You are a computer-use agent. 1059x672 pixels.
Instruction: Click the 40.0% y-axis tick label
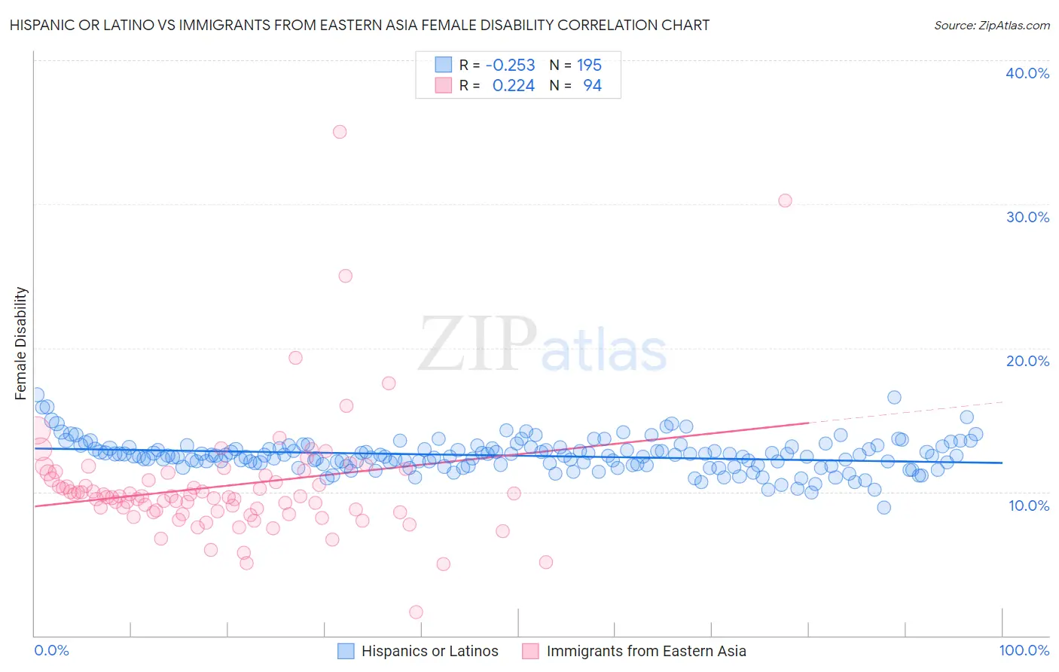click(x=1027, y=73)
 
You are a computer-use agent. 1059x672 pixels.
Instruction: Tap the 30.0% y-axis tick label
click(x=1027, y=217)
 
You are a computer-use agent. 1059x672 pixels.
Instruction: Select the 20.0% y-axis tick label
click(x=1027, y=361)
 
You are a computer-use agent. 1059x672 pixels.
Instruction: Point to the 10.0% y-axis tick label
click(x=1029, y=506)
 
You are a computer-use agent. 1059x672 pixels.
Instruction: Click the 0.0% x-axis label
click(x=51, y=651)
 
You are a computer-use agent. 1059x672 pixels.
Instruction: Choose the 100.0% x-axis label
click(x=1024, y=651)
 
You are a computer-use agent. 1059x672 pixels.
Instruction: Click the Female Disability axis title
click(x=21, y=343)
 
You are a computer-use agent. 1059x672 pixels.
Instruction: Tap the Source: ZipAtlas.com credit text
click(x=991, y=26)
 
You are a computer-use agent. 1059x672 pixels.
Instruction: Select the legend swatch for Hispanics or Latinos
click(x=346, y=652)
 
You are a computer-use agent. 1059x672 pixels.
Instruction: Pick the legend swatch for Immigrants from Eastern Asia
click(x=530, y=652)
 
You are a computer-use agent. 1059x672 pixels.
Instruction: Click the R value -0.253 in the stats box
click(x=510, y=66)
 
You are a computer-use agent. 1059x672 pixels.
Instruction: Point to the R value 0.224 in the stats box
click(x=513, y=86)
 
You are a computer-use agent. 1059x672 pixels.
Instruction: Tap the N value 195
click(x=589, y=66)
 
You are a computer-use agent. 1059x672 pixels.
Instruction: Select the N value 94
click(x=592, y=86)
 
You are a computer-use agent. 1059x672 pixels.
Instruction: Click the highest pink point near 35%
click(x=340, y=132)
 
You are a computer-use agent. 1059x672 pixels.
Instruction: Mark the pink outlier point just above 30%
click(x=785, y=200)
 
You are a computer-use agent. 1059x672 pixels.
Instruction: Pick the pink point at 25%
click(x=346, y=276)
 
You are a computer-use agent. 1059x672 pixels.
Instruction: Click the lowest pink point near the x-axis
click(x=417, y=612)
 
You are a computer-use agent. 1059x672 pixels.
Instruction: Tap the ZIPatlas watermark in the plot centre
click(x=542, y=344)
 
